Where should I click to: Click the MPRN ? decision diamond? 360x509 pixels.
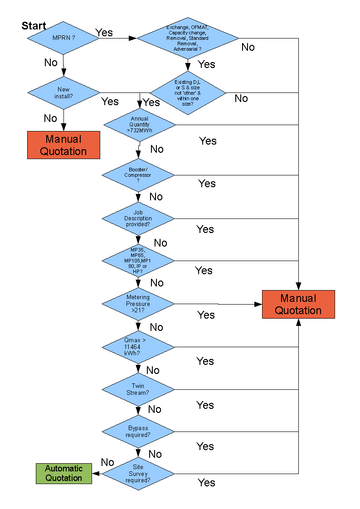pos(63,38)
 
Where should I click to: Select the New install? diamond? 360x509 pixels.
pos(63,93)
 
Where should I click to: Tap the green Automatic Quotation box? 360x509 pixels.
pos(64,473)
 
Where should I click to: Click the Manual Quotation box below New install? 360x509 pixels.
pos(63,145)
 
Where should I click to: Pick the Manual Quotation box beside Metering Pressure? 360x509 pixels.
pos(298,304)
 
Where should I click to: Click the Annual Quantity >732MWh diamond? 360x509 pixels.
pos(139,125)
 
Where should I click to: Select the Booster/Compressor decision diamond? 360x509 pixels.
pos(138,175)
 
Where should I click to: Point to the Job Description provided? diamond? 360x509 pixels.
pos(138,218)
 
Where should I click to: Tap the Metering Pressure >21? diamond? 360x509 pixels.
pos(138,304)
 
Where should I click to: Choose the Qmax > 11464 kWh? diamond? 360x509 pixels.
pos(138,347)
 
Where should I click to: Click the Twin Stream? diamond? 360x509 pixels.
pos(138,389)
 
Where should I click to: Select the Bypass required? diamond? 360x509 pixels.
pos(138,431)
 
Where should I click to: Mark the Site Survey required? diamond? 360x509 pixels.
pos(138,474)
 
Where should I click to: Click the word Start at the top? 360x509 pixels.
pos(34,26)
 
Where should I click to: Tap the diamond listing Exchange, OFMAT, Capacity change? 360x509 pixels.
pos(187,38)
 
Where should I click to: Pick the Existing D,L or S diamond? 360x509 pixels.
pos(188,93)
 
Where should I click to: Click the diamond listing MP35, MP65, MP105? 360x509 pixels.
pos(138,261)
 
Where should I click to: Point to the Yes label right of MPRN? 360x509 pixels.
pos(104,33)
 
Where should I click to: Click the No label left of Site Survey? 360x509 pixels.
pos(107,462)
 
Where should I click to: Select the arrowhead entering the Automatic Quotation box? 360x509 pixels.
pos(96,474)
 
